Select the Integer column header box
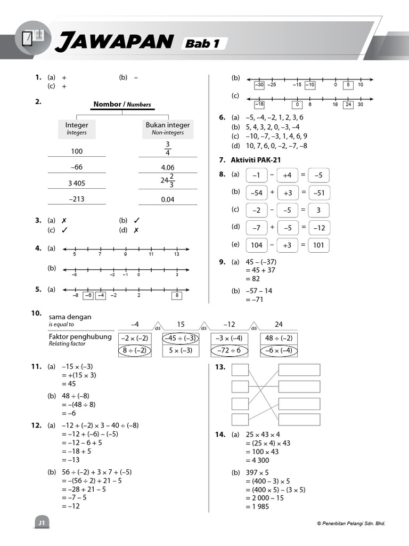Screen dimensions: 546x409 (77, 128)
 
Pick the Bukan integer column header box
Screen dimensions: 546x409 (168, 128)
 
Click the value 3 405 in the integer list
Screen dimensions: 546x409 (77, 183)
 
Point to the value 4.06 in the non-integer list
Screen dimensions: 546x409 (168, 167)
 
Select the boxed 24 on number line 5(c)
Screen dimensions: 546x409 (348, 105)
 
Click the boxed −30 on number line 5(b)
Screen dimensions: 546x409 (259, 85)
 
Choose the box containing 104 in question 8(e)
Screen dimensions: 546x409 (257, 245)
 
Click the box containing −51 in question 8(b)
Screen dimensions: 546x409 (318, 193)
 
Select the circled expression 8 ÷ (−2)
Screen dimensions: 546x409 (134, 350)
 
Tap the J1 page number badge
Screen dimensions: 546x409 (41, 524)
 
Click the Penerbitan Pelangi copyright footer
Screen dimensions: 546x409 (350, 524)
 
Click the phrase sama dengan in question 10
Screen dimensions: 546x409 (70, 317)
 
